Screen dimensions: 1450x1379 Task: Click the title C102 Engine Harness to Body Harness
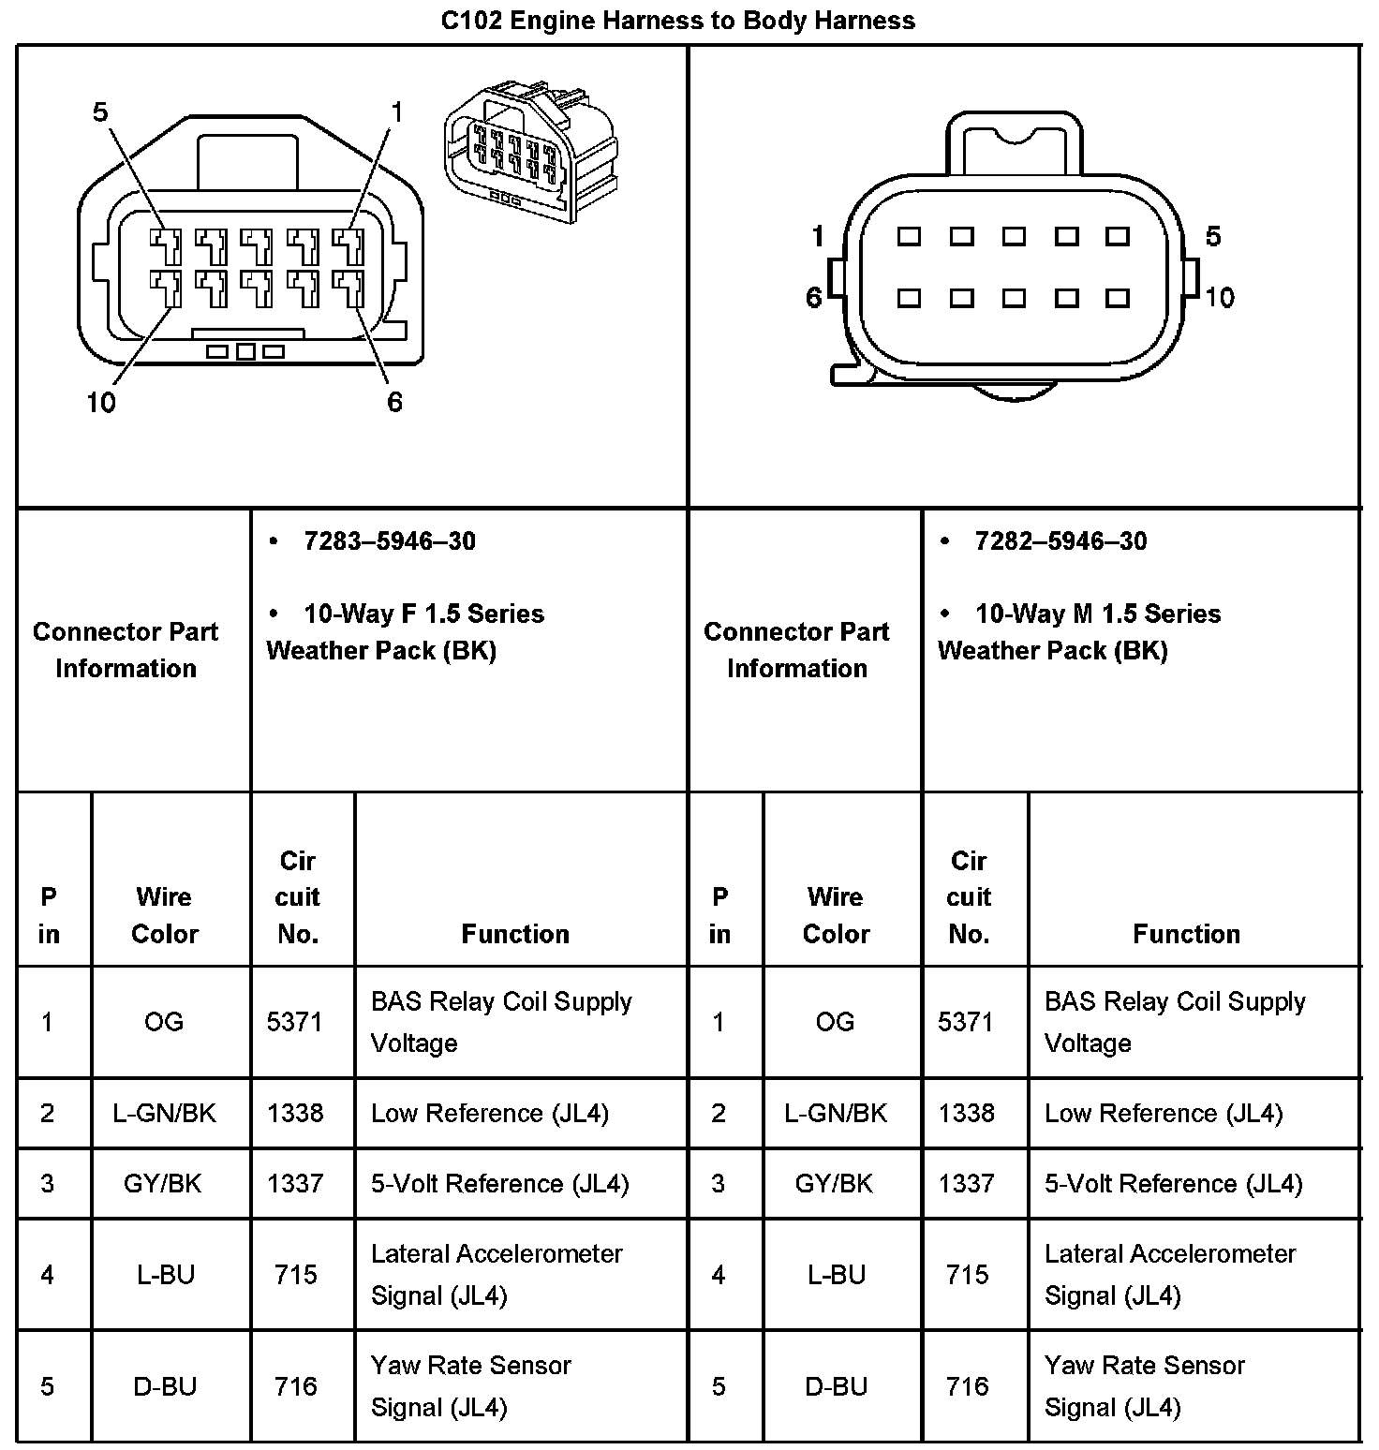click(677, 21)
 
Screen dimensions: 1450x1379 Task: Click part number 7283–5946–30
click(389, 541)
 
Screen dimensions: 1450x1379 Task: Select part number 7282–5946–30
click(1060, 541)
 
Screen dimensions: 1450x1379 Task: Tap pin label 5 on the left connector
click(100, 113)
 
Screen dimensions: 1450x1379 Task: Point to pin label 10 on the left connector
click(101, 403)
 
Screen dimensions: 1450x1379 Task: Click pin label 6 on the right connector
click(814, 298)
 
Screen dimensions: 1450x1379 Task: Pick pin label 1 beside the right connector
click(818, 236)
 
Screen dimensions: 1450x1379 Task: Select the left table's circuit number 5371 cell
click(295, 1021)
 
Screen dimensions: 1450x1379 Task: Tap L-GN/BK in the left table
click(164, 1113)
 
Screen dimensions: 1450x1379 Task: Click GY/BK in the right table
click(834, 1183)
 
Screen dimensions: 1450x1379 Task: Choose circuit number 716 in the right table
click(967, 1385)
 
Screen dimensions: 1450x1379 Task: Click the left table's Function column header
click(515, 933)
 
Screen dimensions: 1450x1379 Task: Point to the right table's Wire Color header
click(836, 915)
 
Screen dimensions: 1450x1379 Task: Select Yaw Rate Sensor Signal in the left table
click(470, 1385)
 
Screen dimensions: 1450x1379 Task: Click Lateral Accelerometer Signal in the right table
click(1169, 1274)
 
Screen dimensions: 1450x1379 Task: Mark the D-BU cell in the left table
click(165, 1385)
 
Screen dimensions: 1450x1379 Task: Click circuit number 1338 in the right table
click(967, 1113)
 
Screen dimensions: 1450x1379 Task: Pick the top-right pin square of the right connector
click(1118, 236)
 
